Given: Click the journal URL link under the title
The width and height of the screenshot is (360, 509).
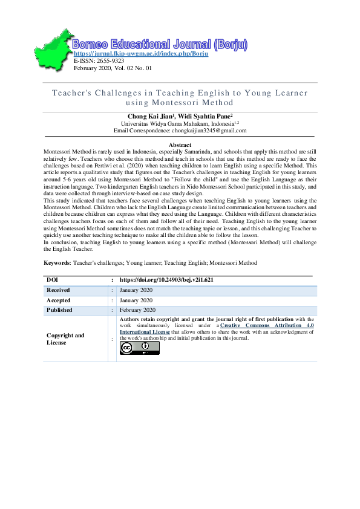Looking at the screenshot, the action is (141, 54).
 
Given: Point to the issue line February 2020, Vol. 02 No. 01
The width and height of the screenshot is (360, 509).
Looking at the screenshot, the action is (113, 68).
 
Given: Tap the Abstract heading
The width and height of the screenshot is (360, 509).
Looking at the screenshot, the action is (180, 145).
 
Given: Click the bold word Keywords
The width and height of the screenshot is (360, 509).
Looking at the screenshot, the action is (57, 280).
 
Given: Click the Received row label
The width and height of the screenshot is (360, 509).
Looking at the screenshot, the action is (59, 290).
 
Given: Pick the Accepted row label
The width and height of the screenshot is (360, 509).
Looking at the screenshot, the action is (59, 300).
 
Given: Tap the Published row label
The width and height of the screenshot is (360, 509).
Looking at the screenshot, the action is (59, 310).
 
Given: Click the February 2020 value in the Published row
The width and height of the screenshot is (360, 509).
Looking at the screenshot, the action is (139, 310).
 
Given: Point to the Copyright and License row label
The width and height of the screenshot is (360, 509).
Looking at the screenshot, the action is (65, 339).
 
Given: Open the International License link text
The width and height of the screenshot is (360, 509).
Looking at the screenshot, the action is (145, 332).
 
